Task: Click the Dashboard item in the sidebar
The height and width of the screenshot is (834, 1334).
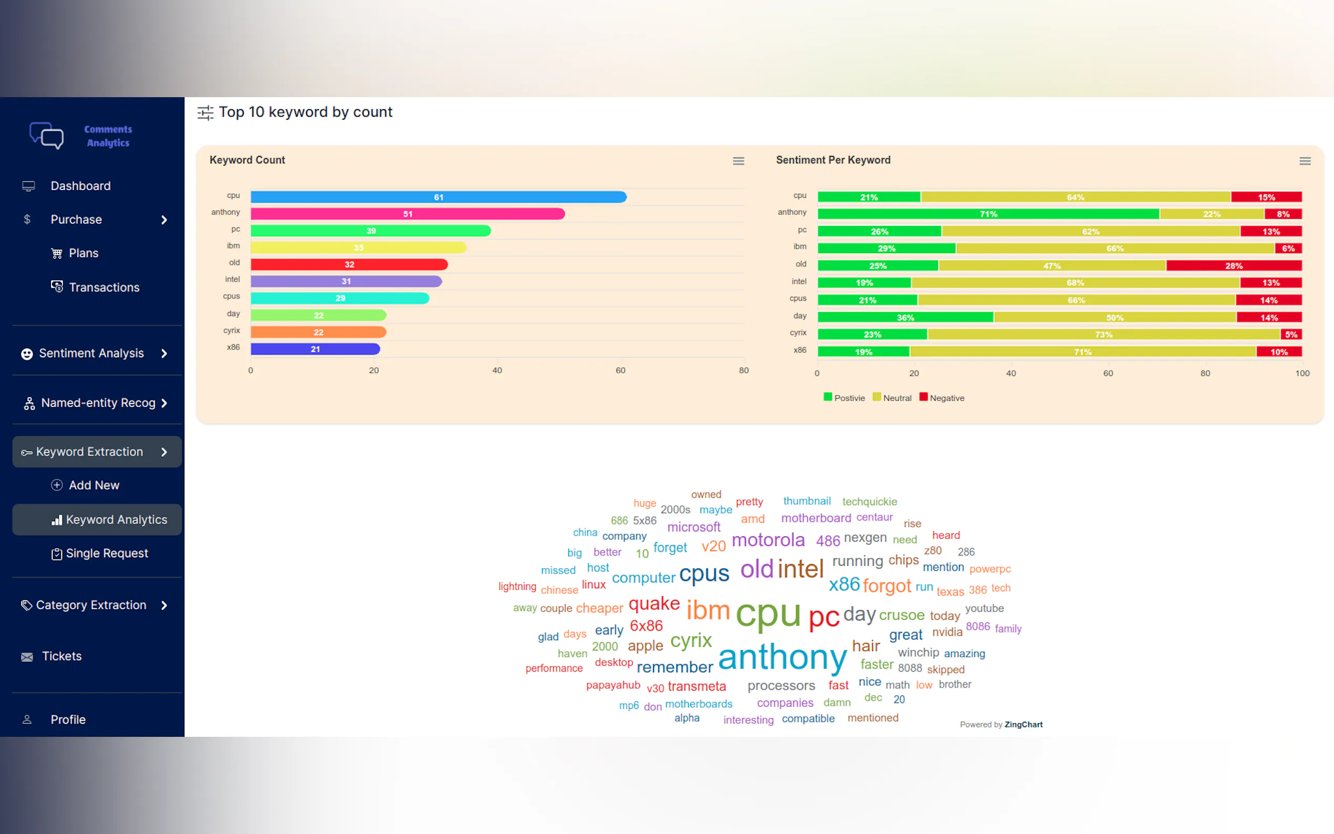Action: pyautogui.click(x=80, y=186)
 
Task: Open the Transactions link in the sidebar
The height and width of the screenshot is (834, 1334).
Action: pyautogui.click(x=103, y=287)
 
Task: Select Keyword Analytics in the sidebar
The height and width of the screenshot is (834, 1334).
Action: pyautogui.click(x=116, y=519)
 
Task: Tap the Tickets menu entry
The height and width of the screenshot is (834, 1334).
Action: pyautogui.click(x=62, y=656)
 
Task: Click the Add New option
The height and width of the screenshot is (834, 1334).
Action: pyautogui.click(x=94, y=485)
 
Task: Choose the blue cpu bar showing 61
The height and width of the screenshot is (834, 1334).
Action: pyautogui.click(x=439, y=197)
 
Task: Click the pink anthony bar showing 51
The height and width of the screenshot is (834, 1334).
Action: pyautogui.click(x=408, y=214)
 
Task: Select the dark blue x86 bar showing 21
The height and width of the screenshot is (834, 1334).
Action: pyautogui.click(x=315, y=349)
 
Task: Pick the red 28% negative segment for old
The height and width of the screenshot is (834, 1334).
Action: pyautogui.click(x=1234, y=266)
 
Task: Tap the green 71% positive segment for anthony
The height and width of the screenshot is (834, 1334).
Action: pyautogui.click(x=988, y=214)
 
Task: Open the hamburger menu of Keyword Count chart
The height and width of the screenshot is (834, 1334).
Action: pyautogui.click(x=738, y=161)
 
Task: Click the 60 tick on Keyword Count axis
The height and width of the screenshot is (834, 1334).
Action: pyautogui.click(x=620, y=371)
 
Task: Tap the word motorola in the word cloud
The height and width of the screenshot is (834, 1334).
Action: pyautogui.click(x=768, y=540)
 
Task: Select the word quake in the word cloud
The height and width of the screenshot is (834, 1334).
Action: pyautogui.click(x=654, y=603)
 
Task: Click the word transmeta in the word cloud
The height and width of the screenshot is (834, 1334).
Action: pyautogui.click(x=696, y=686)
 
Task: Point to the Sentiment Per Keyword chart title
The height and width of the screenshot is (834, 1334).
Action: pyautogui.click(x=833, y=160)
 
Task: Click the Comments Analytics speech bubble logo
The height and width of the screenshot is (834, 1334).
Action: pyautogui.click(x=47, y=135)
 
